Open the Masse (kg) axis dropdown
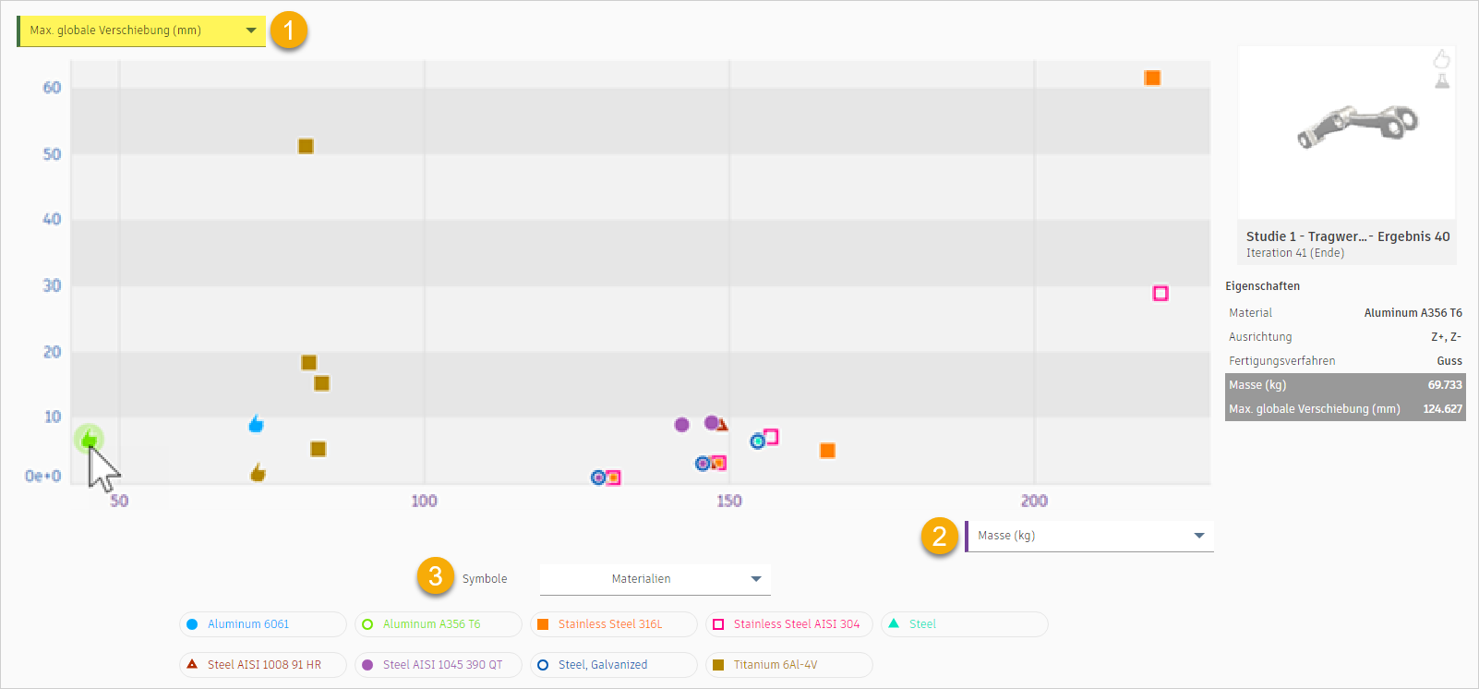(1089, 536)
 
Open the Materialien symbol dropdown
(655, 579)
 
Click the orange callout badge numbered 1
(289, 31)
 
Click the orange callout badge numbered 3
(436, 576)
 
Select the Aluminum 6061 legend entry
(262, 624)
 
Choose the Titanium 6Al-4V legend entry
(788, 665)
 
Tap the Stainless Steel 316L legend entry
(613, 624)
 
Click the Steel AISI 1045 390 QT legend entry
(438, 665)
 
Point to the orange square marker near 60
(1152, 79)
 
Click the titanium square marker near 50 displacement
(306, 147)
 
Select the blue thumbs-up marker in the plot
(256, 424)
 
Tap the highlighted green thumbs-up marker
(89, 438)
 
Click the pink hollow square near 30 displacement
(1160, 294)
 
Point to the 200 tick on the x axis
(1034, 501)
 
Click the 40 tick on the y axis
(52, 219)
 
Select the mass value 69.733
(1445, 385)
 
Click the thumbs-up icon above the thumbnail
(1441, 60)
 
